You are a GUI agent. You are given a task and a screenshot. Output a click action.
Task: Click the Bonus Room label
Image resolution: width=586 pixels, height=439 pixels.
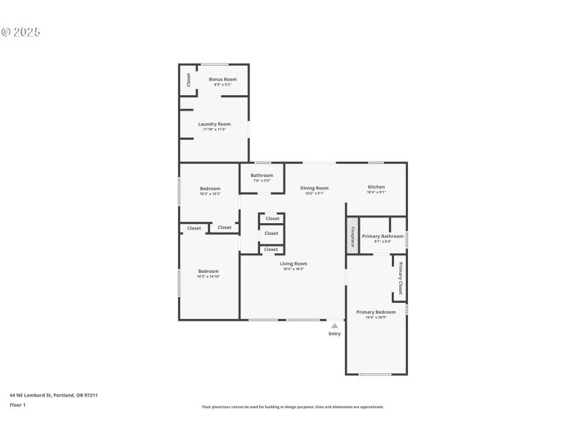point(223,79)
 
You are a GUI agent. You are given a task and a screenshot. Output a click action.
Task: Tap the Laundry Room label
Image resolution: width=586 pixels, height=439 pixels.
point(214,124)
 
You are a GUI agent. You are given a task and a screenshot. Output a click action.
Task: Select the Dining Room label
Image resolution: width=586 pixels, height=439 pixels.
point(314,188)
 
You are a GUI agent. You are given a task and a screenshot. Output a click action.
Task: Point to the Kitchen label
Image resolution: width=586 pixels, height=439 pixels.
point(376,187)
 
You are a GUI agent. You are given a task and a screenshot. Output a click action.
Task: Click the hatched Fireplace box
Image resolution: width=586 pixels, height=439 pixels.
point(352,237)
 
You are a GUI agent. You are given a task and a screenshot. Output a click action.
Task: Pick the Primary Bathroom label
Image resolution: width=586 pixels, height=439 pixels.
point(382,236)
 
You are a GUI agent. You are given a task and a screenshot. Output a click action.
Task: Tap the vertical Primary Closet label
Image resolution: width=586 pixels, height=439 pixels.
point(401,277)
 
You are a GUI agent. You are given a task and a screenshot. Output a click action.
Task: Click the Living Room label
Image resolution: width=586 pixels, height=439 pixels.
point(293,263)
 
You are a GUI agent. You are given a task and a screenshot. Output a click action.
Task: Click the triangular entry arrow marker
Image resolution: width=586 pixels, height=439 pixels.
point(334,326)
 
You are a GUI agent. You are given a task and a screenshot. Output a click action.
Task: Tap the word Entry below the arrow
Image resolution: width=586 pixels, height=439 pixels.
point(334,334)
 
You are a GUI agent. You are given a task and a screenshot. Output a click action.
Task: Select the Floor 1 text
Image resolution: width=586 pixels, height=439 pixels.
point(18,405)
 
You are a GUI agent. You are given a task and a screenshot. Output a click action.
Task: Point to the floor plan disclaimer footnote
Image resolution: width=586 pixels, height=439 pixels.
point(292,407)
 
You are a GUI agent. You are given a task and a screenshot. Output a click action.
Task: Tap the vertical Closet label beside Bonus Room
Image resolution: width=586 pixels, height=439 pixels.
point(188,80)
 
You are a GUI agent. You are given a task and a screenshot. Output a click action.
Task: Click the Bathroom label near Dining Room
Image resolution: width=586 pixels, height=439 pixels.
point(262,176)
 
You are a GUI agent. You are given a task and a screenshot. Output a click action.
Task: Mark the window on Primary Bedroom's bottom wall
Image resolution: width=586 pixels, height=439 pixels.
point(374,375)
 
